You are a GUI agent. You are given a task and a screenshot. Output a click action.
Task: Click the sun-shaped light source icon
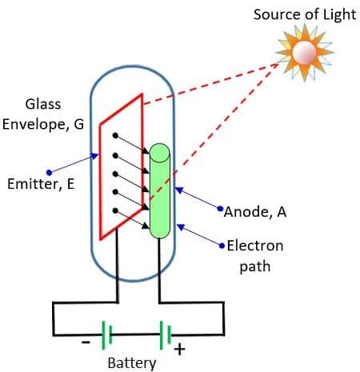pos(306,53)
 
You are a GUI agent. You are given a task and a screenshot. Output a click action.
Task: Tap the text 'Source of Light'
pos(305,14)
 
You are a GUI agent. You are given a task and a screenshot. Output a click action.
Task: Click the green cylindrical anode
pos(160,192)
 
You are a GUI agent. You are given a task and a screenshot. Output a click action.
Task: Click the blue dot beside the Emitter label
pos(50,170)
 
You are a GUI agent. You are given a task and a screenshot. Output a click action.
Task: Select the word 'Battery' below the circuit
pos(132,362)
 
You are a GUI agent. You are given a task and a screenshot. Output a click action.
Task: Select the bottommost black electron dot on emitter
pos(117,210)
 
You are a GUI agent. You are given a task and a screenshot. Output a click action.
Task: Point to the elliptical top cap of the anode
pos(160,150)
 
